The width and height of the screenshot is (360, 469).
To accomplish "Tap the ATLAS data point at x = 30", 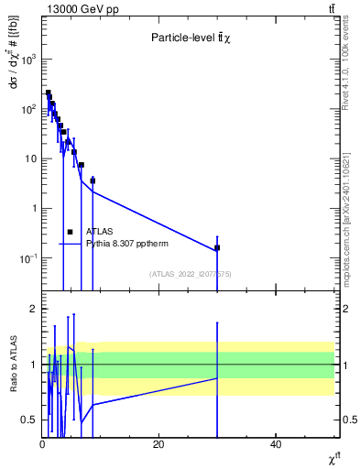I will point(217,247).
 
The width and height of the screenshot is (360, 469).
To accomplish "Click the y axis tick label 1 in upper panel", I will point(33,208).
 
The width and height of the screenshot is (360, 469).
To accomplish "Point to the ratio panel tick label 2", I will point(32,309).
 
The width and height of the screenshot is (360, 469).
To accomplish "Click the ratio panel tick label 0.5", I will point(29,420).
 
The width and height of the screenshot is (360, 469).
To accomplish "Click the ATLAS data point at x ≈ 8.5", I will point(93,180).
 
